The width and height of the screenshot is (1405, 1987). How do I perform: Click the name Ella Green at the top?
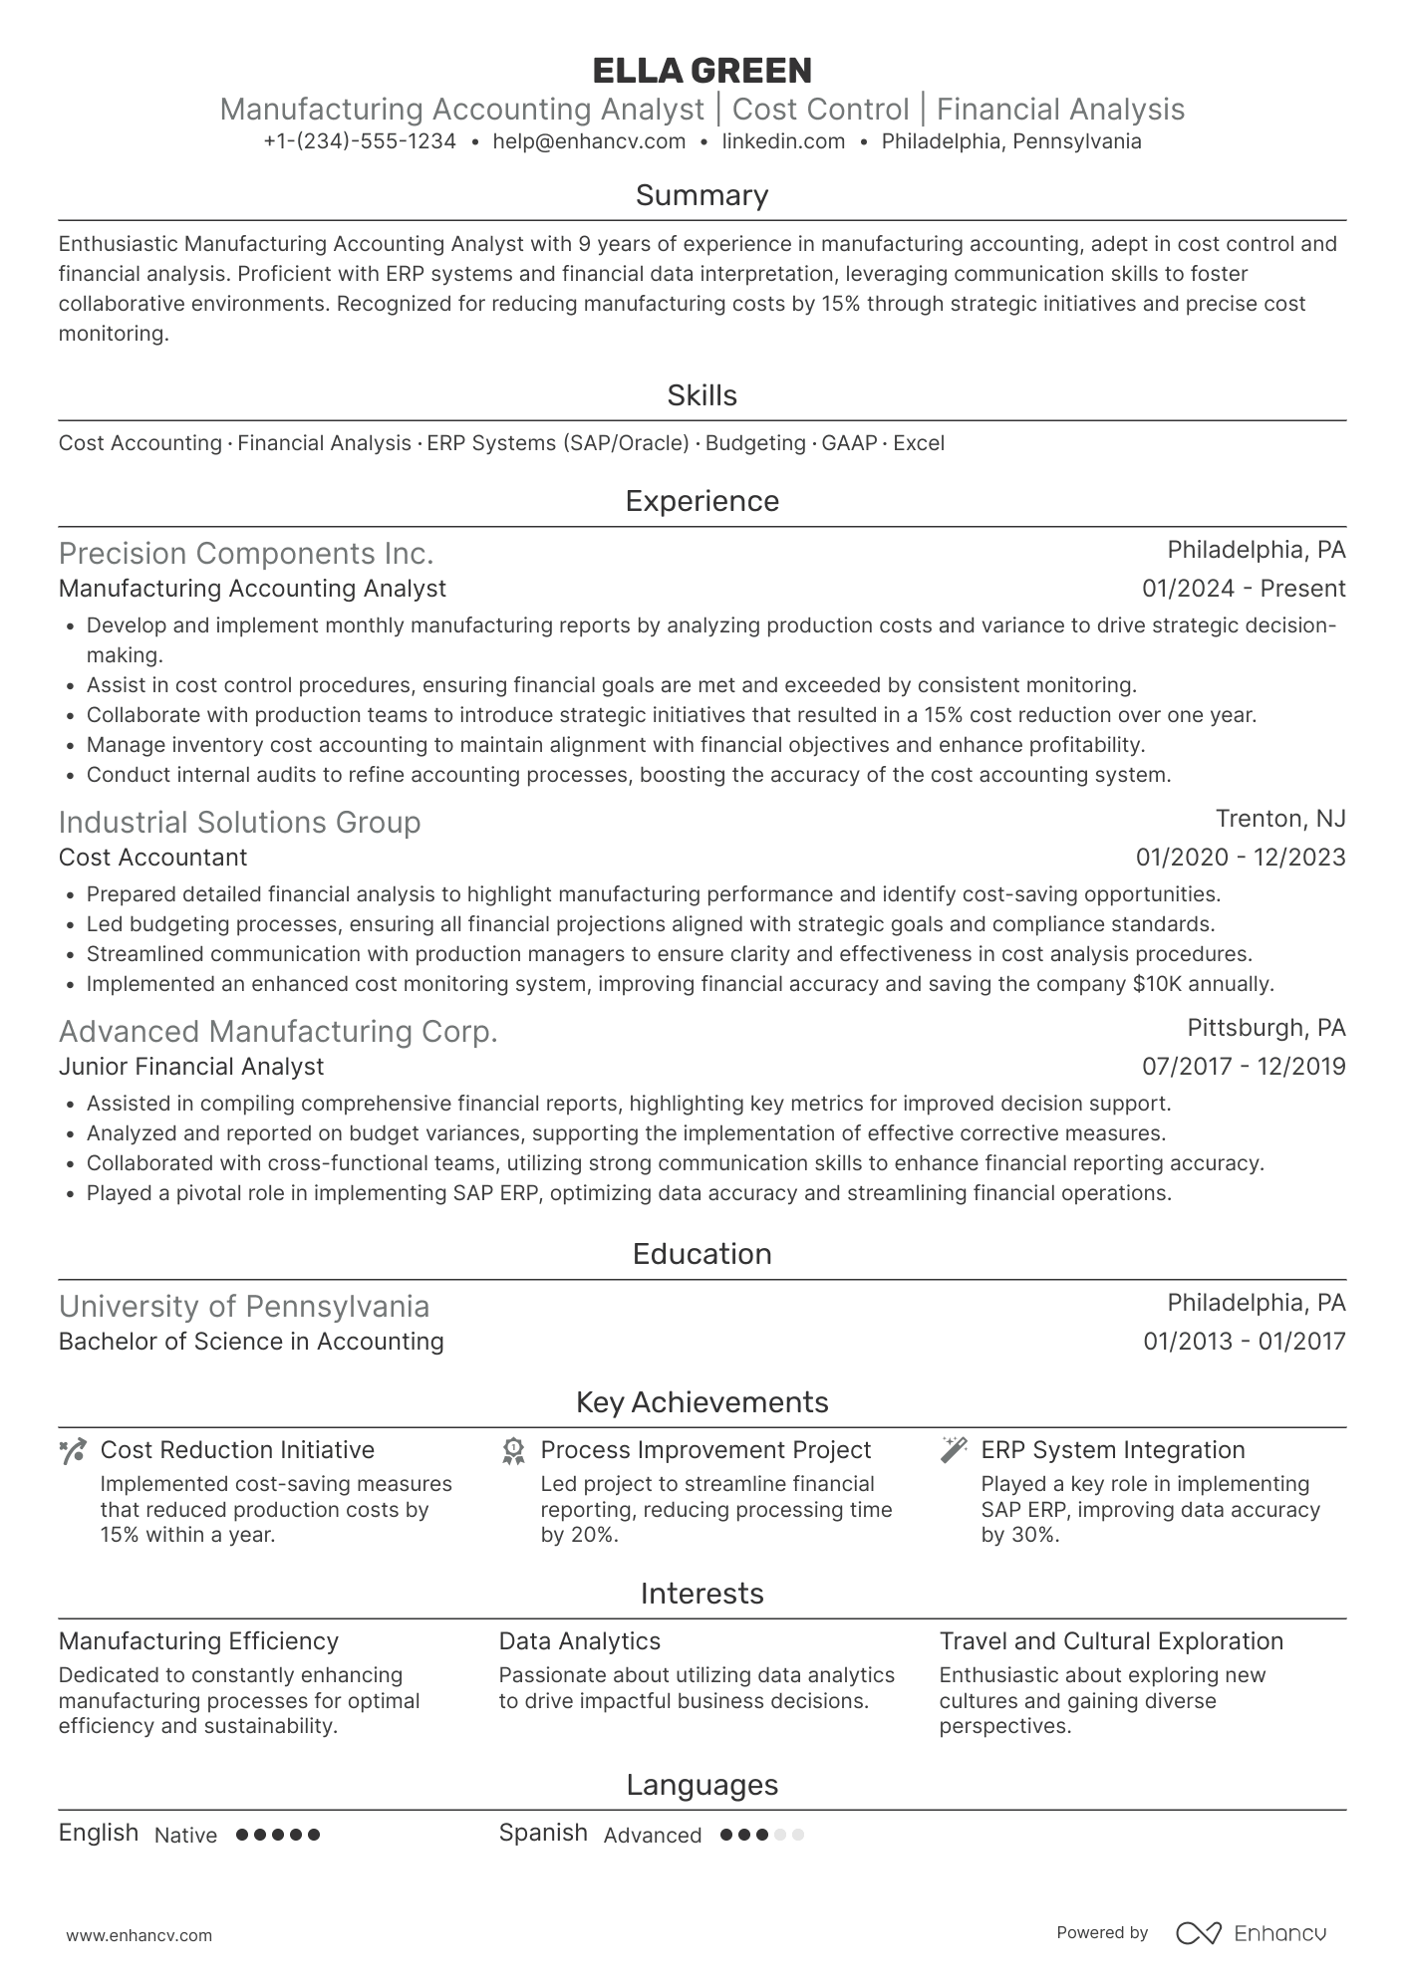point(702,71)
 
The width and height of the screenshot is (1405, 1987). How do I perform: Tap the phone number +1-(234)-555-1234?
point(360,141)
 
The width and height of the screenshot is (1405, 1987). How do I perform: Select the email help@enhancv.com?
point(589,141)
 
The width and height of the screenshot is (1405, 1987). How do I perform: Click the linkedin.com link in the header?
point(783,141)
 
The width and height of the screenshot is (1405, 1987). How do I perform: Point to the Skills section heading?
point(702,395)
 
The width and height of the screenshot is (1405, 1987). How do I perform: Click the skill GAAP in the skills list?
point(849,443)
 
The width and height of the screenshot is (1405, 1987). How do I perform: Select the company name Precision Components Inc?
point(246,553)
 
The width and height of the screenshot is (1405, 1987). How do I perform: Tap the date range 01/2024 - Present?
point(1244,589)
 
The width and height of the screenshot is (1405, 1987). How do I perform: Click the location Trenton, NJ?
point(1280,819)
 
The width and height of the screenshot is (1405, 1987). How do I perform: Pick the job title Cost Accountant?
point(152,858)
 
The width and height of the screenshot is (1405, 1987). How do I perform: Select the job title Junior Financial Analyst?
point(191,1067)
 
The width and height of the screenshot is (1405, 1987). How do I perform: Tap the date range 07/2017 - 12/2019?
point(1244,1067)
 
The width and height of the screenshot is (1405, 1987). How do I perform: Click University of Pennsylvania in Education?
point(244,1306)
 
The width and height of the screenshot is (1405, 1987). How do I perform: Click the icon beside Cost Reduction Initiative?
point(73,1451)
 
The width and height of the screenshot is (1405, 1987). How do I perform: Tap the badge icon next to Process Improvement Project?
point(513,1451)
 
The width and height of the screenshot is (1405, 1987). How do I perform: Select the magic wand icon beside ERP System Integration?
point(954,1450)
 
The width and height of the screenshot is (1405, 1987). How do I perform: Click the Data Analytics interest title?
point(580,1641)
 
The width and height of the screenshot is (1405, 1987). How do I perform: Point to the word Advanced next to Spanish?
point(653,1836)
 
